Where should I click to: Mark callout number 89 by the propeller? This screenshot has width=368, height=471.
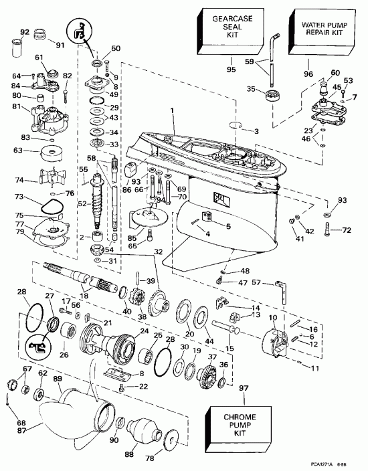tap(58, 379)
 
